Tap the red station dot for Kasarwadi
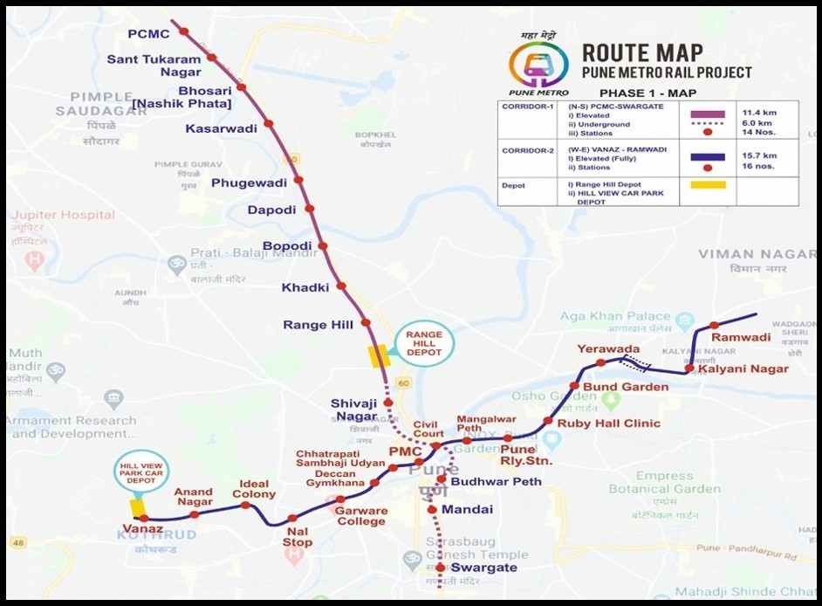coord(269,124)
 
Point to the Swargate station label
coord(484,568)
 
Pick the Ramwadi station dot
coord(714,326)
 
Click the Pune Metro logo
coord(538,65)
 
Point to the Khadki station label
coord(305,287)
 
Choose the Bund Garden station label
coord(626,387)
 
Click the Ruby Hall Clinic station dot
coord(548,422)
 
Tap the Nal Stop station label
coord(297,536)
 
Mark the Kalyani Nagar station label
coord(750,369)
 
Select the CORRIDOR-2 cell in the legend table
coord(526,150)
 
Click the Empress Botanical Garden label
coord(676,482)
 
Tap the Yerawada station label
coord(603,349)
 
